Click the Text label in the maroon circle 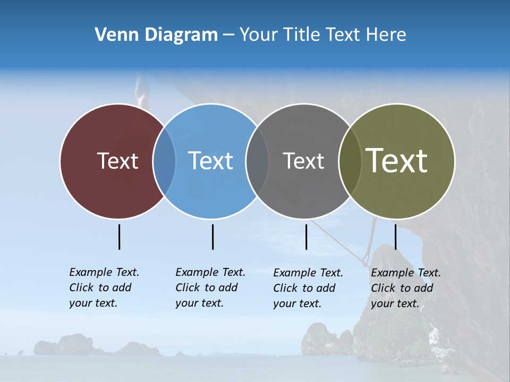pyautogui.click(x=117, y=161)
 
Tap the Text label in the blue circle pyautogui.click(x=210, y=161)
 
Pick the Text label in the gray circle pyautogui.click(x=303, y=161)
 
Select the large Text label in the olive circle pyautogui.click(x=397, y=161)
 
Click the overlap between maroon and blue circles pyautogui.click(x=164, y=161)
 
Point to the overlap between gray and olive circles pyautogui.click(x=350, y=161)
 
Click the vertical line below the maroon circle pyautogui.click(x=119, y=237)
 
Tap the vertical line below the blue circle pyautogui.click(x=212, y=237)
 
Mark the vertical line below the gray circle pyautogui.click(x=306, y=237)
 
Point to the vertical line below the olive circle pyautogui.click(x=395, y=237)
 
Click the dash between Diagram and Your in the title pyautogui.click(x=228, y=35)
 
